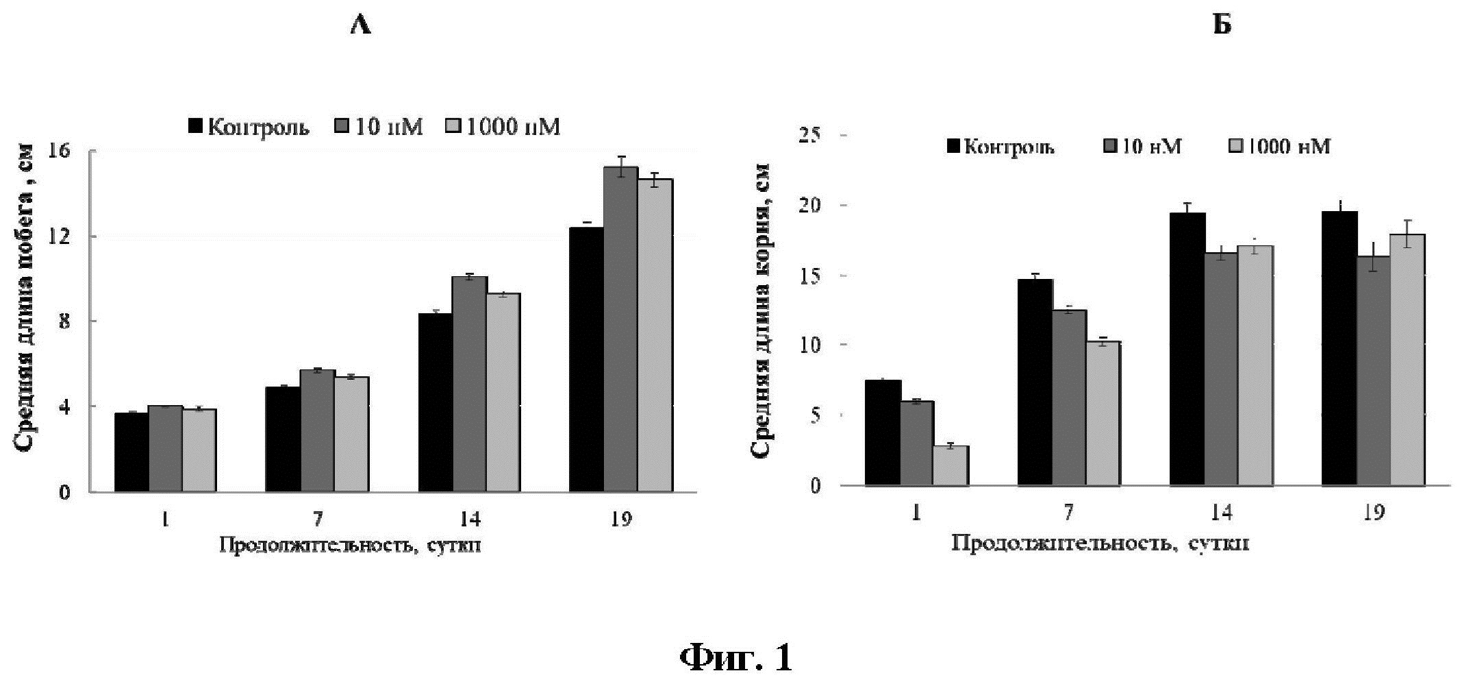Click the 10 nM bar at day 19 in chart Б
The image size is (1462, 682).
tap(1373, 371)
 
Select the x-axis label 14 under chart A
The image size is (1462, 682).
tap(469, 519)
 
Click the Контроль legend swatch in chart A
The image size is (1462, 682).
tap(196, 127)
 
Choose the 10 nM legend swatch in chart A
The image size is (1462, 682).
tap(342, 127)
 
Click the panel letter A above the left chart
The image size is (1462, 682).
tap(360, 26)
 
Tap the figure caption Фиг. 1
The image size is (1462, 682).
tap(736, 658)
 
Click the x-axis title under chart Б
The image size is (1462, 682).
tap(1100, 543)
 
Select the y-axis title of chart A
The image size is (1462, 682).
tap(25, 298)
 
